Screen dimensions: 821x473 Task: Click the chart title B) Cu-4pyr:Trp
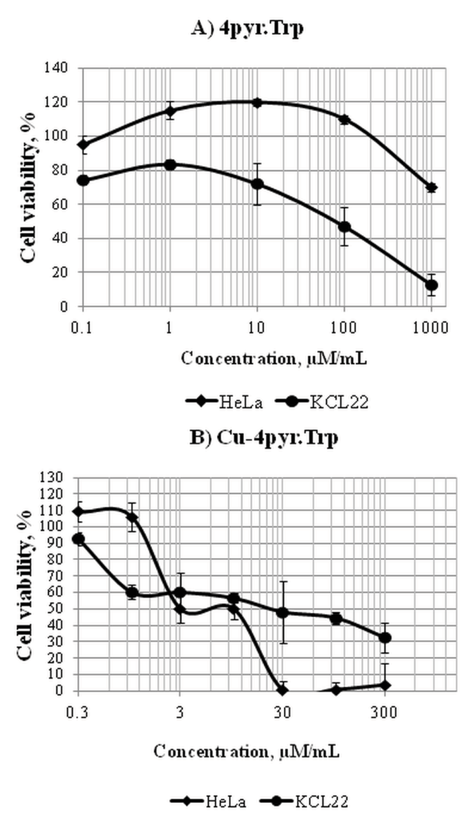[x=264, y=437]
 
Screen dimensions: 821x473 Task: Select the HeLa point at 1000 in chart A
[x=431, y=187]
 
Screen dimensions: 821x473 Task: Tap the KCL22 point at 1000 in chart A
[x=431, y=285]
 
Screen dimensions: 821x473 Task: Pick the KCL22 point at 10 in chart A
[x=257, y=184]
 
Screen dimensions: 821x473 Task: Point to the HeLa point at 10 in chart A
[x=257, y=102]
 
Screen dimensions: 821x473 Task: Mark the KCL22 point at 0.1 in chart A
[x=83, y=180]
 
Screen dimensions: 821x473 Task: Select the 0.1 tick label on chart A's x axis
[x=81, y=327]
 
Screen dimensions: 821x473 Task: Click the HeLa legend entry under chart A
[x=224, y=402]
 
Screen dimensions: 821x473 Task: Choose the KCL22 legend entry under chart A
[x=322, y=402]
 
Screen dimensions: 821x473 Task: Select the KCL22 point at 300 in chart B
[x=385, y=637]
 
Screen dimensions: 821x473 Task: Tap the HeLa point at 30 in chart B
[x=282, y=690]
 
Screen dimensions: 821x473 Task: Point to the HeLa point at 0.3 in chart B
[x=79, y=512]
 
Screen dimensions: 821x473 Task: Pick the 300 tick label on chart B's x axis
[x=384, y=712]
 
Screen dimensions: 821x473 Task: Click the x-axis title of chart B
[x=246, y=751]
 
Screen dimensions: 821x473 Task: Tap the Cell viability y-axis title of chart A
[x=28, y=187]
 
